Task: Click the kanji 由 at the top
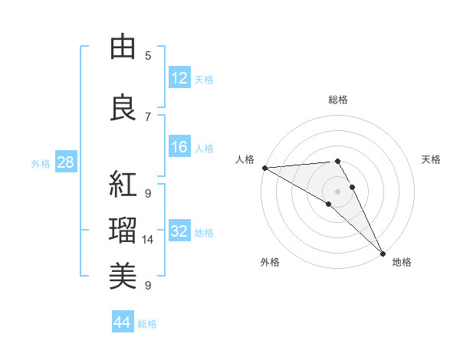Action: point(123,48)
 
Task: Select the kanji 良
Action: point(123,108)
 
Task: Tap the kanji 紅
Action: point(123,184)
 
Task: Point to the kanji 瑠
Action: point(123,229)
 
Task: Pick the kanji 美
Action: point(123,275)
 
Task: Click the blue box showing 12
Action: point(179,78)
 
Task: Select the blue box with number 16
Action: point(179,148)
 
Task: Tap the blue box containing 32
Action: point(179,232)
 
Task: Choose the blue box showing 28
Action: point(65,162)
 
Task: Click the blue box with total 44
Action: point(122,323)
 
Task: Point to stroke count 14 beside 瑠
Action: point(148,240)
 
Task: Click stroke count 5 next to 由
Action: point(148,55)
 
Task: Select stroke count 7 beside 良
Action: point(148,116)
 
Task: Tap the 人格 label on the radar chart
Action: point(245,159)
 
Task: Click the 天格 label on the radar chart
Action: point(431,159)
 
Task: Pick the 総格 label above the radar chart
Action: point(338,100)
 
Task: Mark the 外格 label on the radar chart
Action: point(270,263)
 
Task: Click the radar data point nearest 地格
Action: point(383,253)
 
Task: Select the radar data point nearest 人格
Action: point(264,168)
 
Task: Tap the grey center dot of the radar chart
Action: point(337,191)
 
